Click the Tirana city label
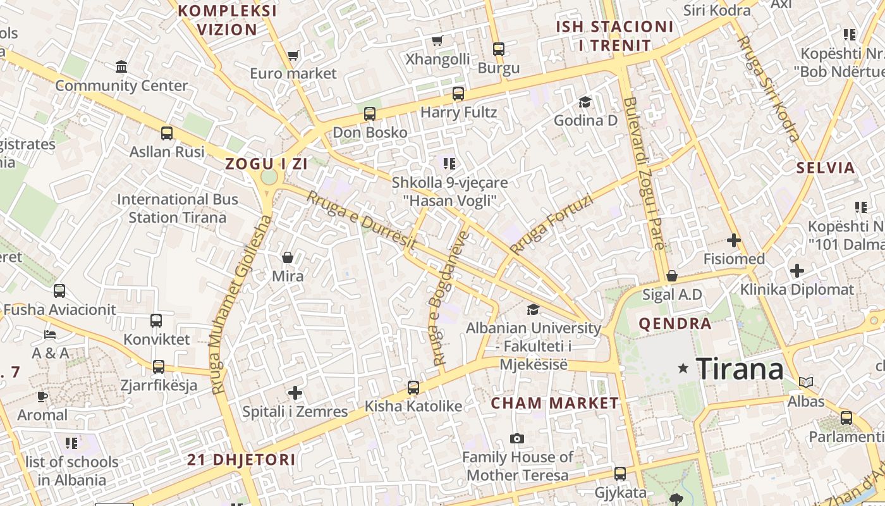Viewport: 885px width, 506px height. coord(740,368)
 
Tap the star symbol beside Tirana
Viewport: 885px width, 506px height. coord(683,368)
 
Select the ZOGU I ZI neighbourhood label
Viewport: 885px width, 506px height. coord(266,164)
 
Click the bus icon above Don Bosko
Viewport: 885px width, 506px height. coord(370,114)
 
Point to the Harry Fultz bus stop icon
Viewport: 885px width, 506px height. coord(458,94)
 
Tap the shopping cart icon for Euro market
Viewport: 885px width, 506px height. coord(293,56)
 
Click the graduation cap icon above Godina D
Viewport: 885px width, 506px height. coord(585,102)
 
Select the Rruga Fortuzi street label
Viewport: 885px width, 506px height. coord(552,225)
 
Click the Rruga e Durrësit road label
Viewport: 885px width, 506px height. coord(362,219)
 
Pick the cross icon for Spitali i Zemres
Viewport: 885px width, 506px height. coord(295,393)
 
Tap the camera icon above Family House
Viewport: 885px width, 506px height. coord(517,438)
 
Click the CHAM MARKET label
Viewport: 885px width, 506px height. coord(555,403)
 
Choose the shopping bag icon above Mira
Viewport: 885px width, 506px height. coord(288,257)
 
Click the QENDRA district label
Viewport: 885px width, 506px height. coord(675,324)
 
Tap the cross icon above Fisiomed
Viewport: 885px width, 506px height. coord(733,240)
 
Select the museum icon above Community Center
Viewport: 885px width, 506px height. coord(121,66)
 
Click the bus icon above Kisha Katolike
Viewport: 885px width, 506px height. coord(413,387)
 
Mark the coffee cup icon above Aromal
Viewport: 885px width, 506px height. coord(42,397)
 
